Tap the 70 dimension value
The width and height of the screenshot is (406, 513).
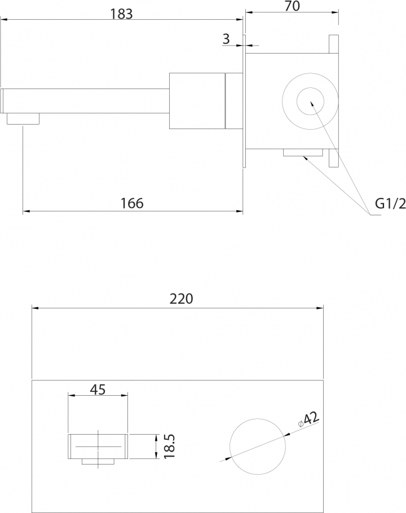pos(292,6)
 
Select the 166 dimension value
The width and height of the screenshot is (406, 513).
pos(132,203)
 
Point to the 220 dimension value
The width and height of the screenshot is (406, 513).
pos(182,299)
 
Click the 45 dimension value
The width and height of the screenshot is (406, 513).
pos(98,390)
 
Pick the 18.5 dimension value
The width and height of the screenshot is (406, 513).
pos(169,446)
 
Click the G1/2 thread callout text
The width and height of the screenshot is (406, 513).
pos(390,204)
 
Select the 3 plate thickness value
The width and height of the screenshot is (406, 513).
pos(226,39)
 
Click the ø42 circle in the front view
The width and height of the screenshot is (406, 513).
pos(258,418)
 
